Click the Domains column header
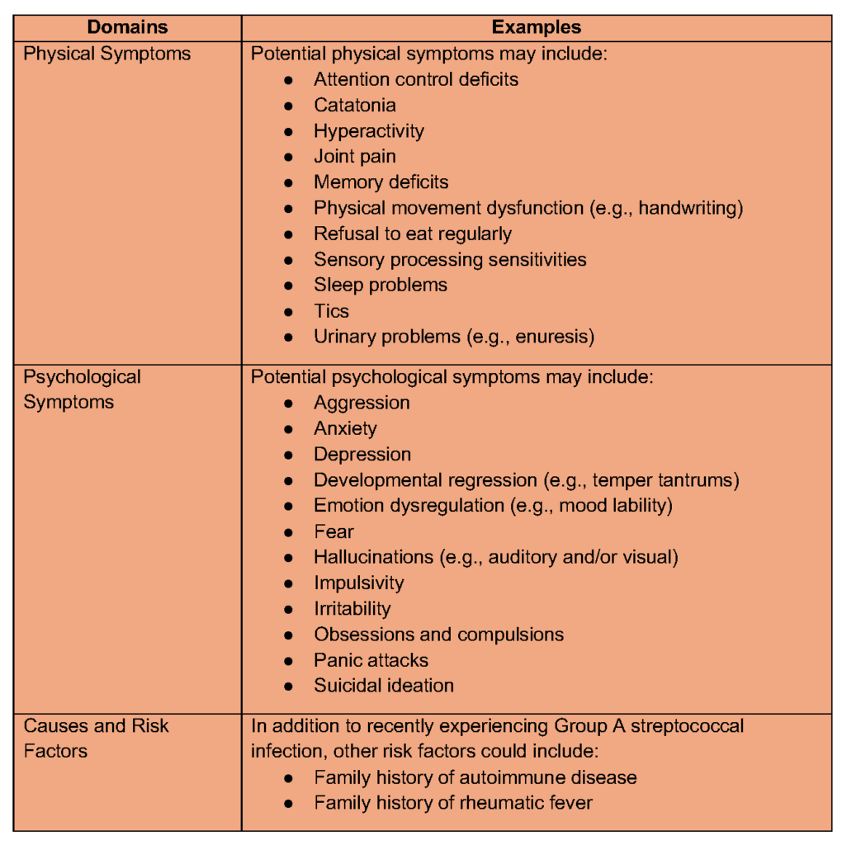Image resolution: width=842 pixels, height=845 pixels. [x=127, y=27]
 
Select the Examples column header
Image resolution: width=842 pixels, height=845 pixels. [x=537, y=27]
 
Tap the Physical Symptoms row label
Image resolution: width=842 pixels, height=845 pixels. [x=107, y=54]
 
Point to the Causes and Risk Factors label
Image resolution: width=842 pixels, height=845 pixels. [x=96, y=739]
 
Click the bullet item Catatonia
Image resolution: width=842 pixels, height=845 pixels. [x=354, y=105]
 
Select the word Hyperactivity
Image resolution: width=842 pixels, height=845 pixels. [x=368, y=130]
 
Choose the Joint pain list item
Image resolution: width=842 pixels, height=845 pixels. [x=354, y=156]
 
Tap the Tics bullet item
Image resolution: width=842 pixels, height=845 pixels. [x=331, y=311]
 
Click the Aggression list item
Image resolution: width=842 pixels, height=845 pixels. [x=362, y=403]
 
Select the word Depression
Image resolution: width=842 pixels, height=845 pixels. [x=362, y=454]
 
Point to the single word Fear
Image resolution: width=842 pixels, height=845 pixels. [x=333, y=531]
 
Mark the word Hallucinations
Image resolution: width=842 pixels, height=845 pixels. [x=372, y=557]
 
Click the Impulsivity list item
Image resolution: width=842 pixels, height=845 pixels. [x=358, y=583]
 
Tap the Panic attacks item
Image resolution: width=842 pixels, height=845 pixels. [x=371, y=660]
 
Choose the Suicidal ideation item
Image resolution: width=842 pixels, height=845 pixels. [x=383, y=685]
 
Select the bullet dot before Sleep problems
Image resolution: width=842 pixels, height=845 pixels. [x=288, y=286]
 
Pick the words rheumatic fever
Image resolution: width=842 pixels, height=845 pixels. [x=530, y=802]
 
